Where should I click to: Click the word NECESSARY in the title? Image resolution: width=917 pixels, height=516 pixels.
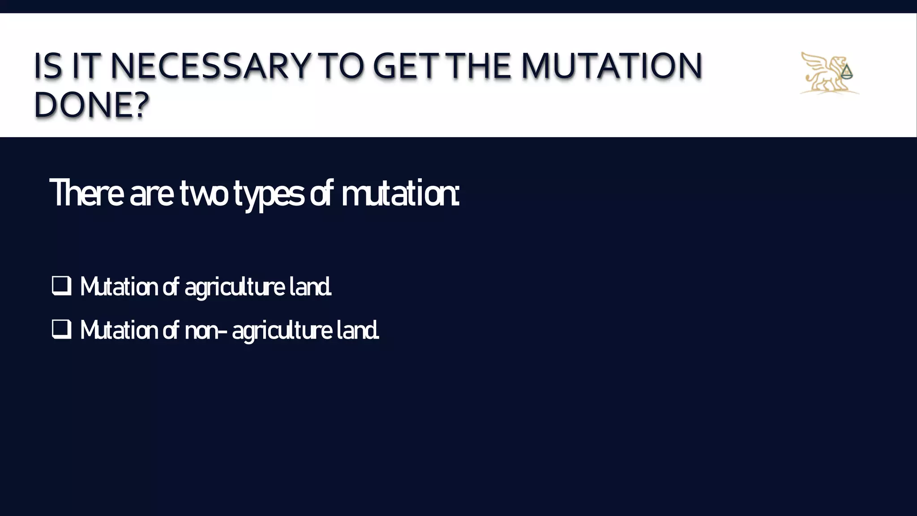click(210, 66)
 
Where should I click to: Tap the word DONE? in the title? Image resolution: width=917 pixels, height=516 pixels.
click(91, 105)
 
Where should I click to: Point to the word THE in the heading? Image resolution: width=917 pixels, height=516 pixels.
click(480, 66)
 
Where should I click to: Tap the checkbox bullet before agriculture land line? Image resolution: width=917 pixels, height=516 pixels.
click(61, 286)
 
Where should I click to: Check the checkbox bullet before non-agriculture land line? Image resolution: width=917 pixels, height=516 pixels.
click(61, 329)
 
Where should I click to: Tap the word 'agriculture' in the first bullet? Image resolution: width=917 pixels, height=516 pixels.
click(235, 287)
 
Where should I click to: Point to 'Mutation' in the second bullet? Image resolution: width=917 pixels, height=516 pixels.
click(119, 330)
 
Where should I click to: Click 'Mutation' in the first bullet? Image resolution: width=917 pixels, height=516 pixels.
click(119, 287)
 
